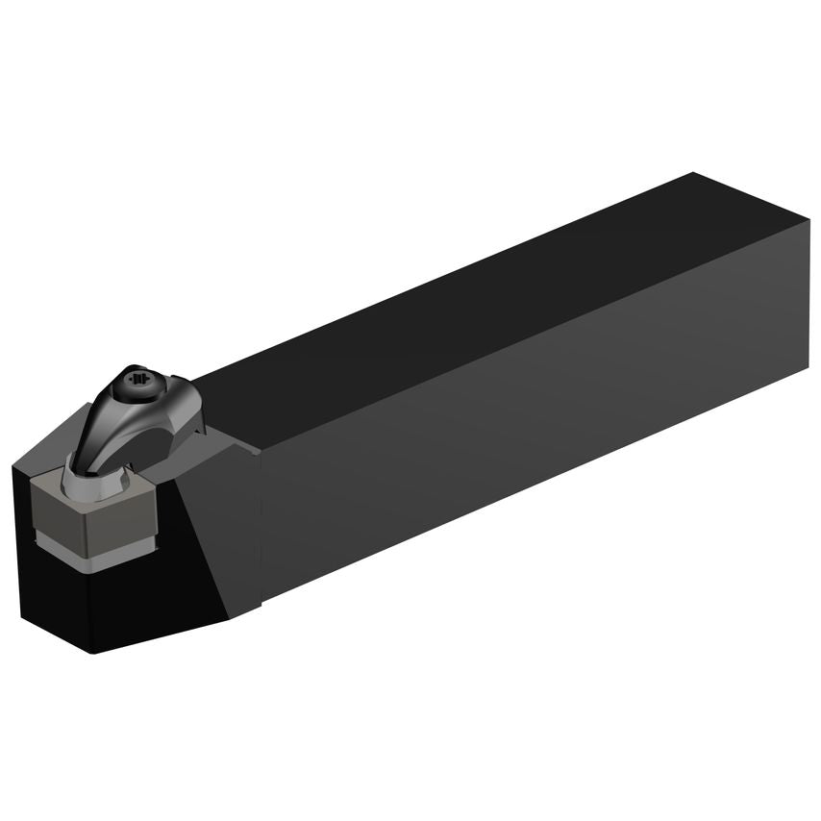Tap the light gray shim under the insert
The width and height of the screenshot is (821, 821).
(91, 557)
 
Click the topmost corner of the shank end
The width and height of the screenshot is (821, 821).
(692, 173)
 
